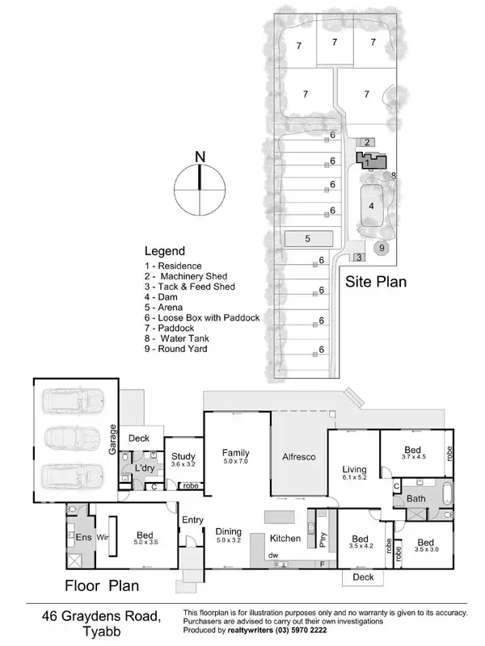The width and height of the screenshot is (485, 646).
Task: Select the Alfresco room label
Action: point(298,457)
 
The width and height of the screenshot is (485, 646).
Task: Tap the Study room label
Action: point(183,455)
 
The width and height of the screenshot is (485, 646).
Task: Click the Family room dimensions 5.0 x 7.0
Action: point(236,462)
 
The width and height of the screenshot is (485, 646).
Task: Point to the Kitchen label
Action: point(285,538)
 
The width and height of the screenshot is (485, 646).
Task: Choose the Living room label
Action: point(354,469)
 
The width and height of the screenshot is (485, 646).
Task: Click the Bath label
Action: point(415,498)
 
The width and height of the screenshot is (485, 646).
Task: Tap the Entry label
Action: point(192,519)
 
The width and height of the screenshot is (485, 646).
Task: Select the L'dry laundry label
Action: point(145,468)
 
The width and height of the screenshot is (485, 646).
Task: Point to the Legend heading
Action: point(165,251)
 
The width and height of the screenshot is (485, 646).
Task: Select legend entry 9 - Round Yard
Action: point(175,350)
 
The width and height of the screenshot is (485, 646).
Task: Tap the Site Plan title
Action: point(375,282)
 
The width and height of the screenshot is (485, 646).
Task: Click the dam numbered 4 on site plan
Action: point(371,205)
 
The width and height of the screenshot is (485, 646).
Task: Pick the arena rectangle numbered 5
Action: point(308,239)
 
